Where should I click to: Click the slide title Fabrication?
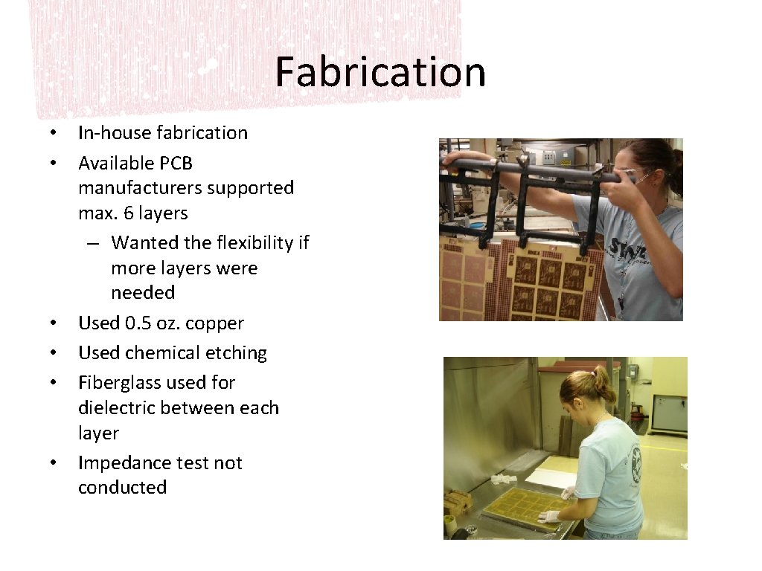[x=380, y=72]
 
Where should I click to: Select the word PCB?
[x=176, y=163]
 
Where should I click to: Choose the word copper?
[x=215, y=324]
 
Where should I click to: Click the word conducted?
[x=122, y=488]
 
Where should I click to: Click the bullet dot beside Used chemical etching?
[x=54, y=353]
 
